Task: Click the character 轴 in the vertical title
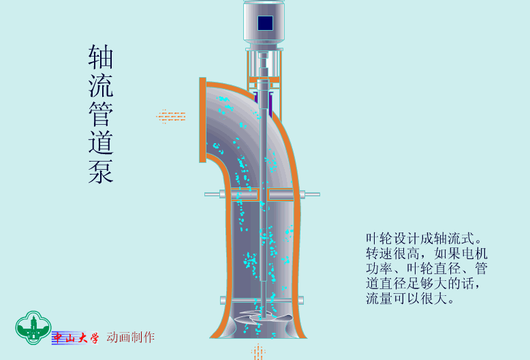101,57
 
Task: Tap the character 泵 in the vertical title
101,171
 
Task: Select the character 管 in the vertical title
101,114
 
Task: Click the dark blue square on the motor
265,23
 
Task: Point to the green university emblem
33,327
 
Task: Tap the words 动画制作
131,337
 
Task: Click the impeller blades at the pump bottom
264,318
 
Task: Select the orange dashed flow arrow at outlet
171,117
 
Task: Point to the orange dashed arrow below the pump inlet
258,352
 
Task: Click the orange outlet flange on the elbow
202,120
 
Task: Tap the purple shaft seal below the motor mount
264,102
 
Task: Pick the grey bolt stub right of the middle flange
310,194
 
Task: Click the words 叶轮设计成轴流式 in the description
420,239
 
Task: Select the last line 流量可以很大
410,298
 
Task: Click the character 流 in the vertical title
101,85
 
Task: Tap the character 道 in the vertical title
101,142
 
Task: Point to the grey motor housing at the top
264,22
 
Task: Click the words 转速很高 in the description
393,254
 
